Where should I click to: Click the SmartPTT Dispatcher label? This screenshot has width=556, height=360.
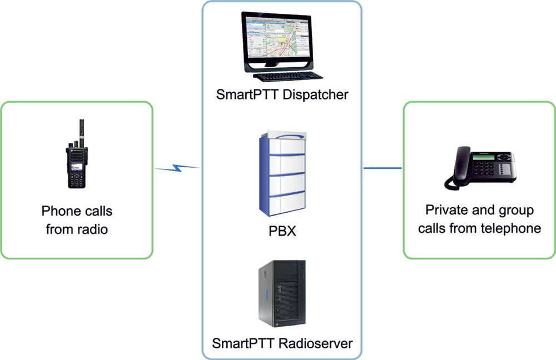coord(282,94)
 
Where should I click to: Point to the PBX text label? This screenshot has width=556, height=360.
coord(282,231)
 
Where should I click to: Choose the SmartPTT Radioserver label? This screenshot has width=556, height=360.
coord(282,343)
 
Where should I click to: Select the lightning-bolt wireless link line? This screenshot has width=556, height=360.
coord(176,166)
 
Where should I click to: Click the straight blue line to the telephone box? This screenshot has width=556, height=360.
coord(382,167)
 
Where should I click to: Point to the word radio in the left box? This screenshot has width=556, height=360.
coord(91,228)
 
